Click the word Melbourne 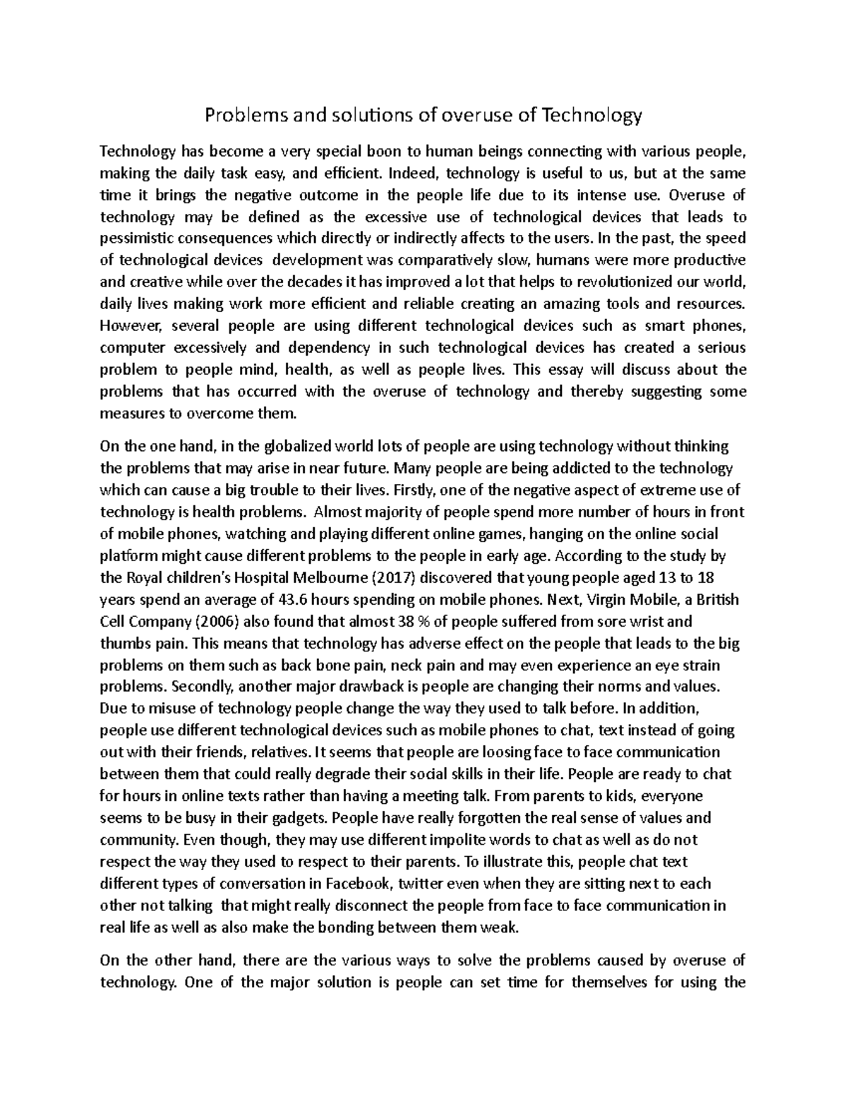(330, 578)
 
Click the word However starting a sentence (132, 325)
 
